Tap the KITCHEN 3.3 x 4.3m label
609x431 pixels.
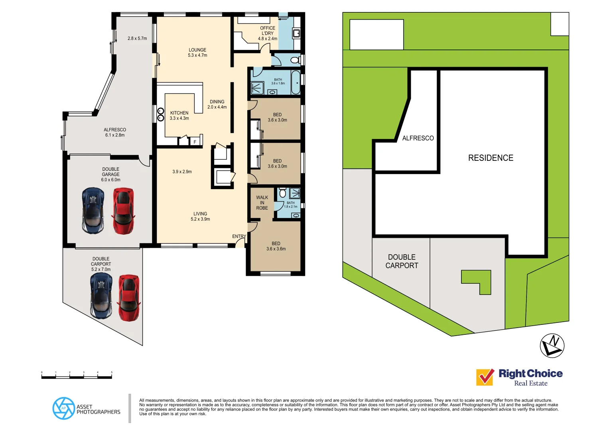click(179, 115)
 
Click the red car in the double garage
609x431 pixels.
click(123, 211)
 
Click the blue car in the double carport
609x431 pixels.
click(101, 296)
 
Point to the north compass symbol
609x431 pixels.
click(552, 345)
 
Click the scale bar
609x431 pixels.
click(77, 376)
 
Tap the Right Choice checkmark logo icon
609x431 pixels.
click(485, 377)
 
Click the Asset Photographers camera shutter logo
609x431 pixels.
click(63, 408)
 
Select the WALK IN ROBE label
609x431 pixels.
click(262, 203)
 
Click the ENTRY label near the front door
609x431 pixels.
click(239, 236)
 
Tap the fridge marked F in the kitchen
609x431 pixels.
click(195, 142)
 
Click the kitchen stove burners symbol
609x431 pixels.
click(161, 115)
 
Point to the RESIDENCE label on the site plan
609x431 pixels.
click(491, 158)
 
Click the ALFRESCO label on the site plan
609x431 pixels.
click(418, 138)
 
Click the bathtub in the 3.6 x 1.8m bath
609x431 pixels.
click(296, 82)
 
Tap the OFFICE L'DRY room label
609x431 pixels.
click(268, 34)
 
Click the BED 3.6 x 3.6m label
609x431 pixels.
click(276, 246)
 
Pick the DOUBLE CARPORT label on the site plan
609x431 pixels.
click(402, 261)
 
